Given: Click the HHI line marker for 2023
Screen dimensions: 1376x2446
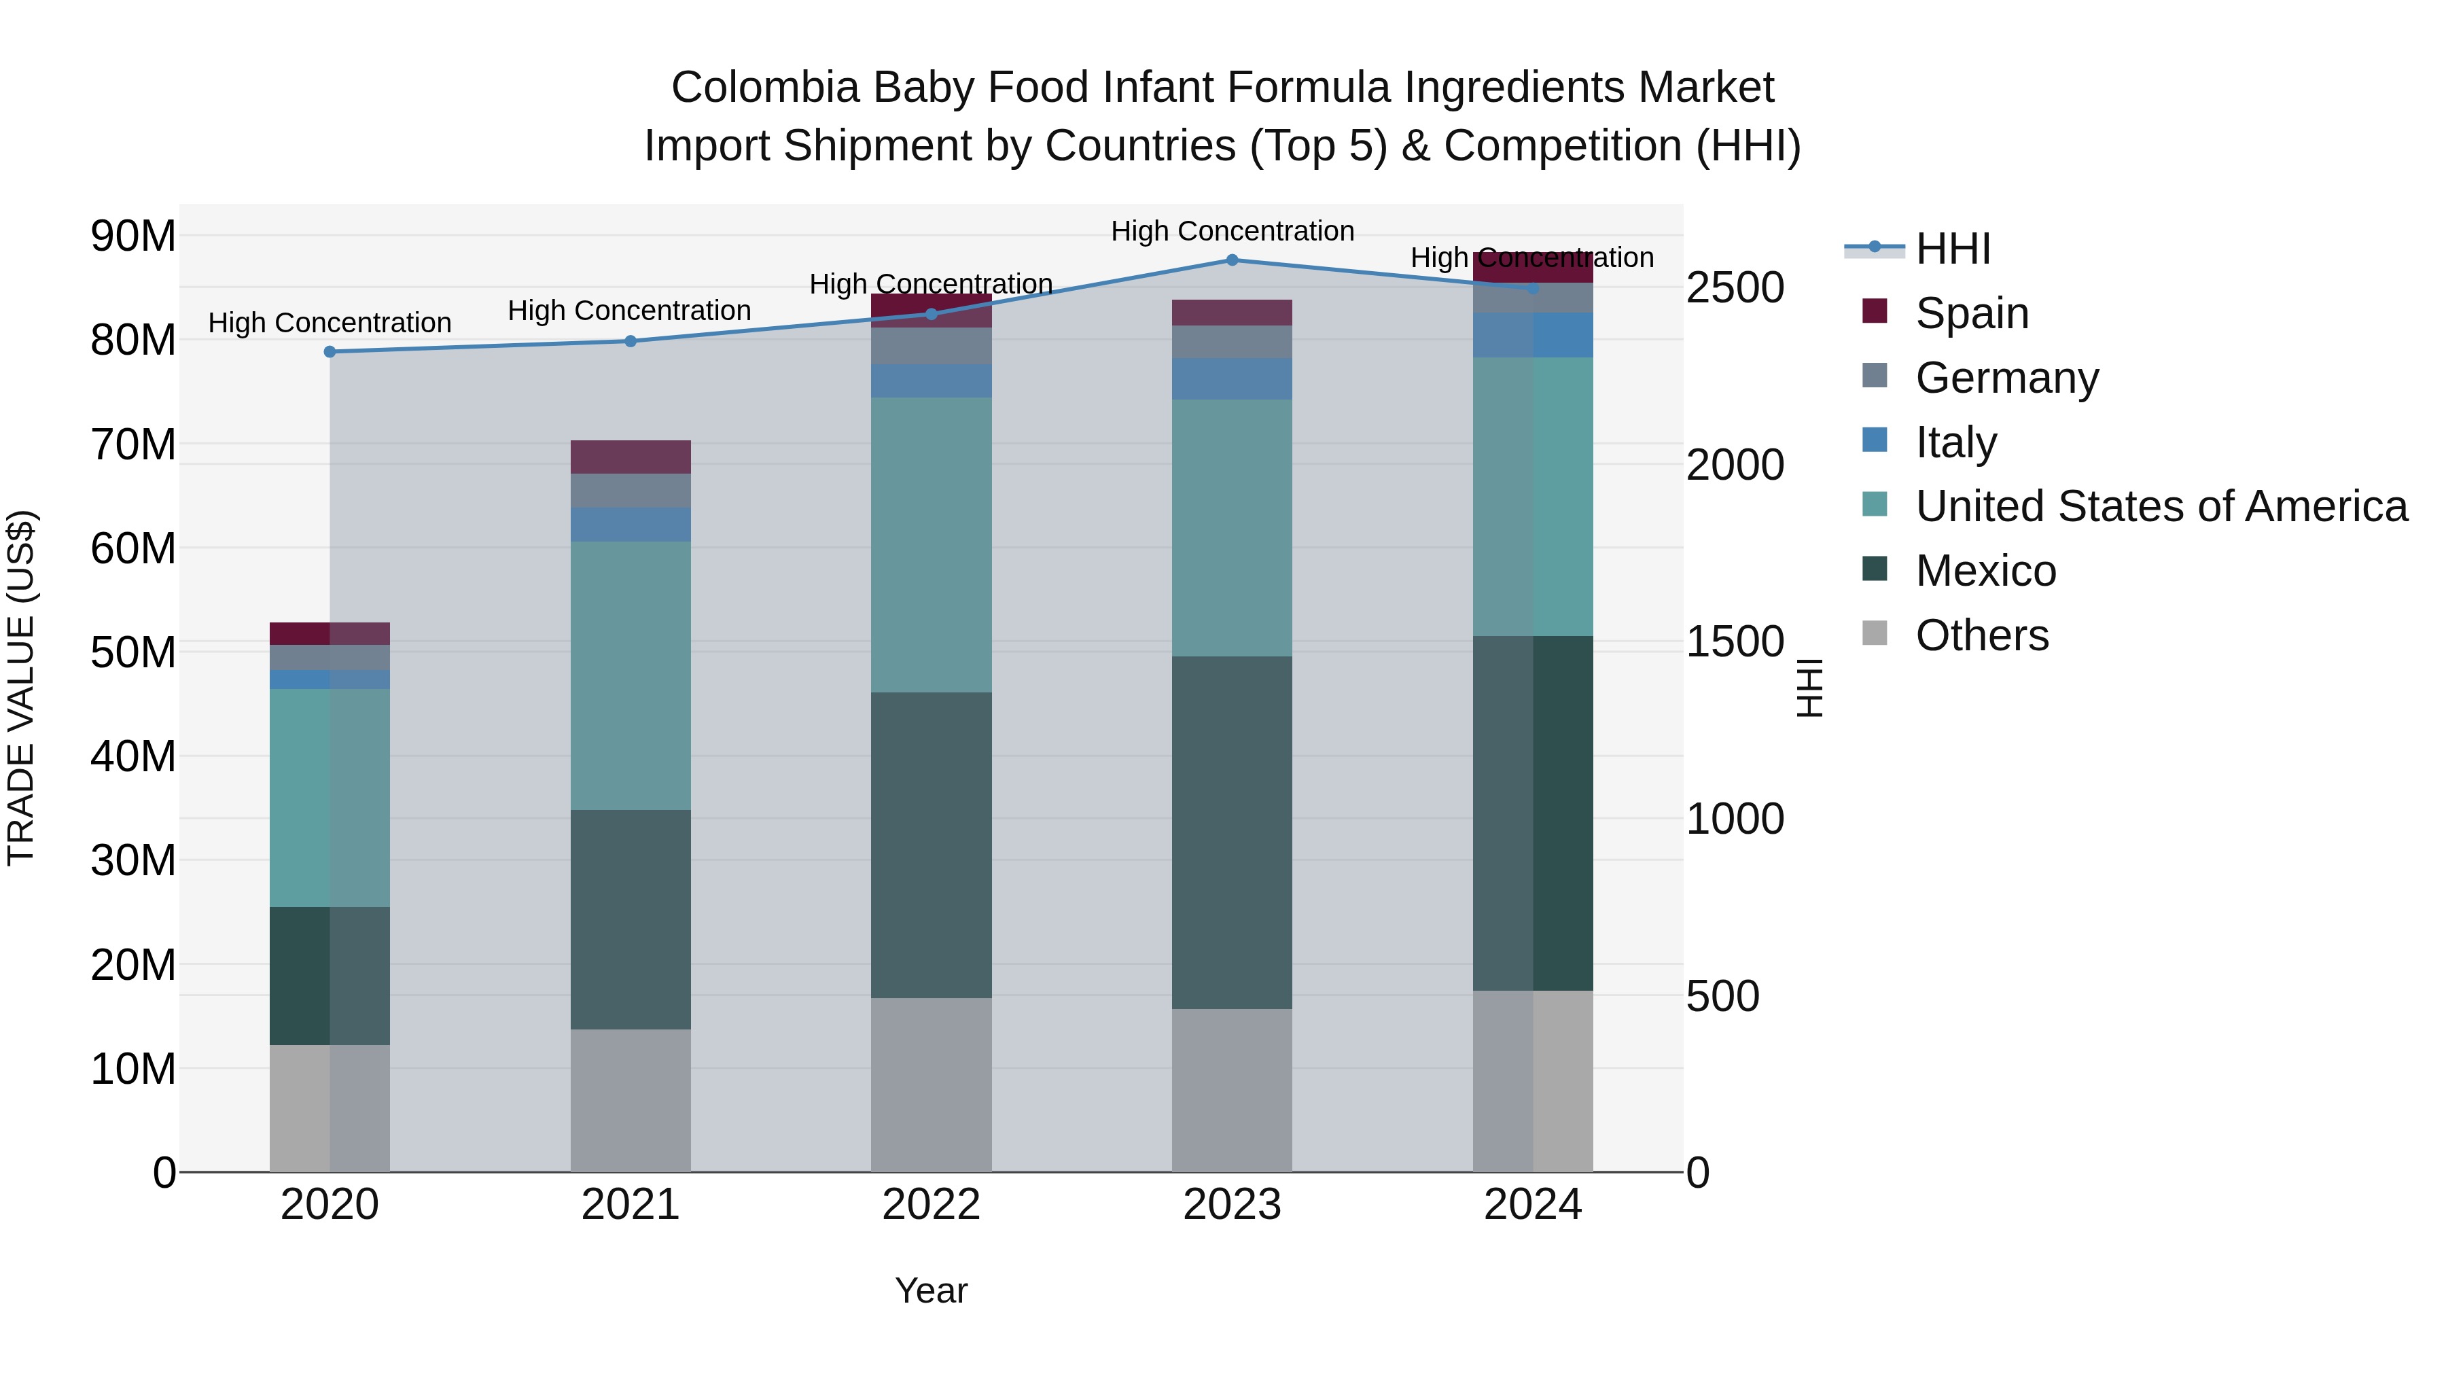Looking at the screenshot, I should [x=1232, y=260].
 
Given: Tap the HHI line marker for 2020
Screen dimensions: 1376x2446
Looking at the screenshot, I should [x=330, y=351].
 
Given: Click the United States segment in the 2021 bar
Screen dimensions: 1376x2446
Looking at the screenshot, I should [x=631, y=675].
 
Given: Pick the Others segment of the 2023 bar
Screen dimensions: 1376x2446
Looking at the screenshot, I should [x=1232, y=1089].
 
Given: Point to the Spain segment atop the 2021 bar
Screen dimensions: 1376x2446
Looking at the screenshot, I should [x=631, y=457].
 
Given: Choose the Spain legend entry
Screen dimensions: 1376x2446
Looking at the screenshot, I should [x=1971, y=313].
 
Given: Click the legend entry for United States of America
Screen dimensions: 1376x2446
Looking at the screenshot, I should [x=2160, y=506].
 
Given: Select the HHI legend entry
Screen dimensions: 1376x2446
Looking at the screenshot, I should [x=1951, y=249].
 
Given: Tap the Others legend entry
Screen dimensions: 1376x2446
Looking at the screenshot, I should [x=1982, y=635].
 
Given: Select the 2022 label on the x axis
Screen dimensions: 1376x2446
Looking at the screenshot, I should [x=931, y=1204].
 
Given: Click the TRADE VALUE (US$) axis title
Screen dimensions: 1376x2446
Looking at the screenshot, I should [x=21, y=688].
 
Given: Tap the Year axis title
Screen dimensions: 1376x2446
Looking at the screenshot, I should [x=931, y=1290].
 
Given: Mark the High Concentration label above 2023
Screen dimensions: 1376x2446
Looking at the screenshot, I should [x=1232, y=231].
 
